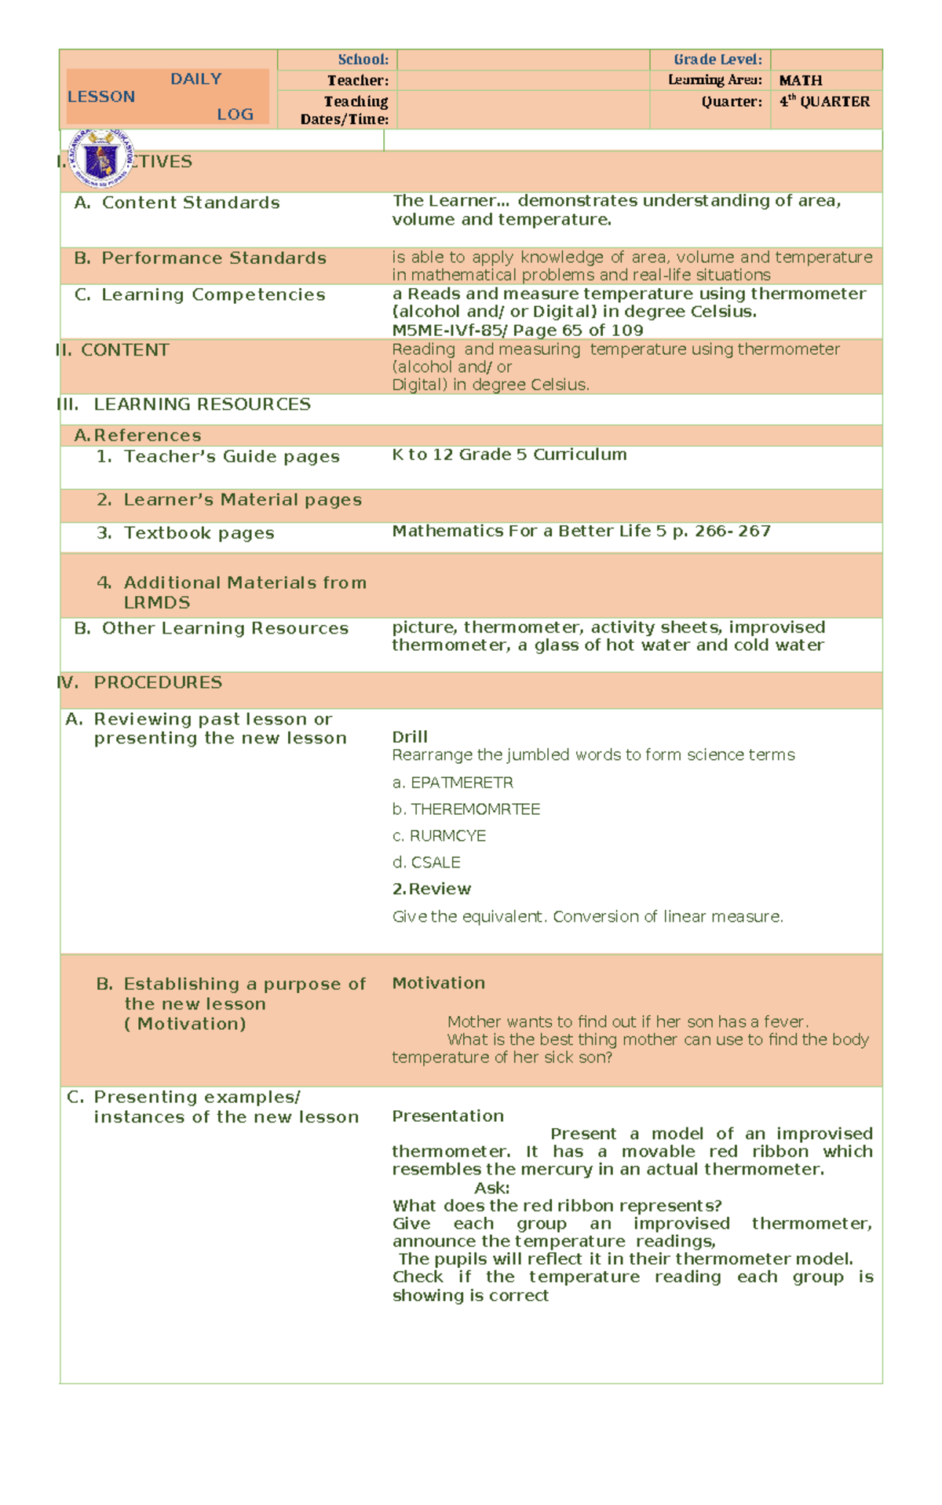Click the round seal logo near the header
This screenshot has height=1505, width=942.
(101, 159)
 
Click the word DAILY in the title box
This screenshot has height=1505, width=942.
(195, 79)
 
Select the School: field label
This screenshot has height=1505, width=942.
(363, 60)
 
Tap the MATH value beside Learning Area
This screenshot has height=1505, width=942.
(800, 81)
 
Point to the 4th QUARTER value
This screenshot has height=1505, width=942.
(824, 101)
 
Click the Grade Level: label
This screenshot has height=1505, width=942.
(717, 60)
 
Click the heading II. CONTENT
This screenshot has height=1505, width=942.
(114, 350)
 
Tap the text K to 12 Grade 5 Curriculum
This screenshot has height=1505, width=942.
(509, 455)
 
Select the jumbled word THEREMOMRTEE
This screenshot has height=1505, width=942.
(475, 809)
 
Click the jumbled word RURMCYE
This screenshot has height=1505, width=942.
(447, 836)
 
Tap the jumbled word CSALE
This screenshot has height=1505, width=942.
(436, 863)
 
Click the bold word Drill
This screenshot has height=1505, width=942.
(410, 737)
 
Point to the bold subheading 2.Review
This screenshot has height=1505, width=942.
(431, 889)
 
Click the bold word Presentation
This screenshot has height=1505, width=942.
(447, 1116)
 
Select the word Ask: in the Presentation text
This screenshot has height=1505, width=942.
(491, 1189)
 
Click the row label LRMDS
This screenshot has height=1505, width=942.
(157, 603)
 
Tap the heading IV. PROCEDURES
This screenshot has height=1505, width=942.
(141, 683)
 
